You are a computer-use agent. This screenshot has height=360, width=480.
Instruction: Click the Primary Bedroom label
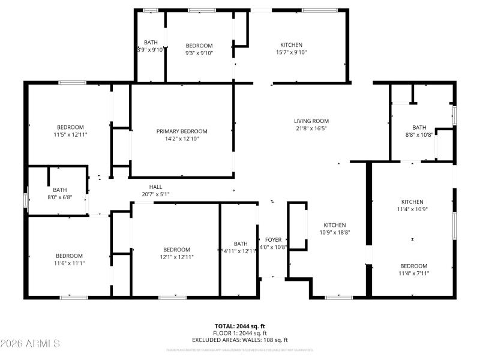(x=182, y=131)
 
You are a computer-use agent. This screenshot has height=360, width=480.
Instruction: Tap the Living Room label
(x=311, y=121)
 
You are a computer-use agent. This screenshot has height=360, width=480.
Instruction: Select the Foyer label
(x=274, y=240)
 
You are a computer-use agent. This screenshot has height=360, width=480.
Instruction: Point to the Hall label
(x=156, y=187)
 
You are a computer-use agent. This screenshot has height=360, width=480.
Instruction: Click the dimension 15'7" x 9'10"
(x=292, y=53)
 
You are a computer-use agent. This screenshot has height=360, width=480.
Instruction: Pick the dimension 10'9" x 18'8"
(x=335, y=232)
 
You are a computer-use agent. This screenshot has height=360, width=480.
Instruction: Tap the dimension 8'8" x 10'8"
(x=419, y=135)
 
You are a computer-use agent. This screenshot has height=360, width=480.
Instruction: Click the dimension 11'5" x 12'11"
(x=71, y=135)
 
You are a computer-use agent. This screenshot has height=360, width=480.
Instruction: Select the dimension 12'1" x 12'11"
(x=176, y=257)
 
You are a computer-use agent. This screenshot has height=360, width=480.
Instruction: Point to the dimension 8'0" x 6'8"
(x=60, y=197)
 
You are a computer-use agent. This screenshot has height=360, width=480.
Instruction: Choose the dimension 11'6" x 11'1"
(x=70, y=263)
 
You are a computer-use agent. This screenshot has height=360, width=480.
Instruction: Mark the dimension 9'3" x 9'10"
(x=199, y=53)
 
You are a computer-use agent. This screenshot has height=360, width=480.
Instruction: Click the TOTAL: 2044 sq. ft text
(x=240, y=326)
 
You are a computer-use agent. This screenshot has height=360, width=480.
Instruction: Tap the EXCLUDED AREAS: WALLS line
(x=240, y=340)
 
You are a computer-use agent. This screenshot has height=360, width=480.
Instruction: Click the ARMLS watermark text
(x=30, y=344)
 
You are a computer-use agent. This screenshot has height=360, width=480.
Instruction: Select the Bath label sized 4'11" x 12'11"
(x=241, y=244)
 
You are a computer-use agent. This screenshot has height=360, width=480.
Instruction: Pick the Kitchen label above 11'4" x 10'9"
(x=413, y=202)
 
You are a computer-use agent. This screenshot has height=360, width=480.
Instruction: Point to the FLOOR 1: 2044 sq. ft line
(x=240, y=333)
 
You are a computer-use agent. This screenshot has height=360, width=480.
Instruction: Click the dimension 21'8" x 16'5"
(x=311, y=128)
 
